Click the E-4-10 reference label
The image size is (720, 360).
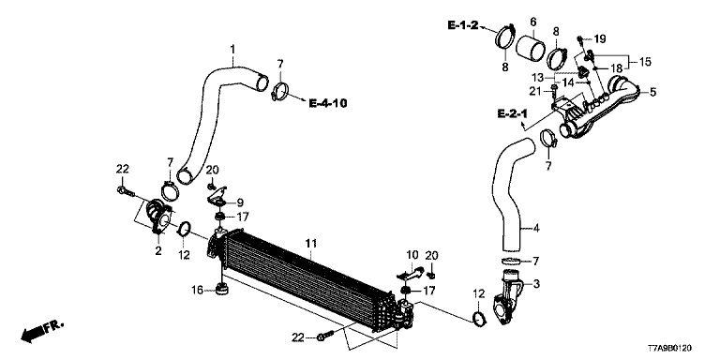tap(328, 103)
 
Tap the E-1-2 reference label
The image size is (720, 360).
tap(463, 25)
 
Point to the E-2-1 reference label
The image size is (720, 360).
tap(513, 113)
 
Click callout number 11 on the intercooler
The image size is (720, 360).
tap(311, 244)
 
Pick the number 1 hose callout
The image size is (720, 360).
tap(232, 48)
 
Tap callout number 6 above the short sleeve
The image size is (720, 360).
tap(533, 22)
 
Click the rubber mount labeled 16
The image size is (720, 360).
tap(222, 291)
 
